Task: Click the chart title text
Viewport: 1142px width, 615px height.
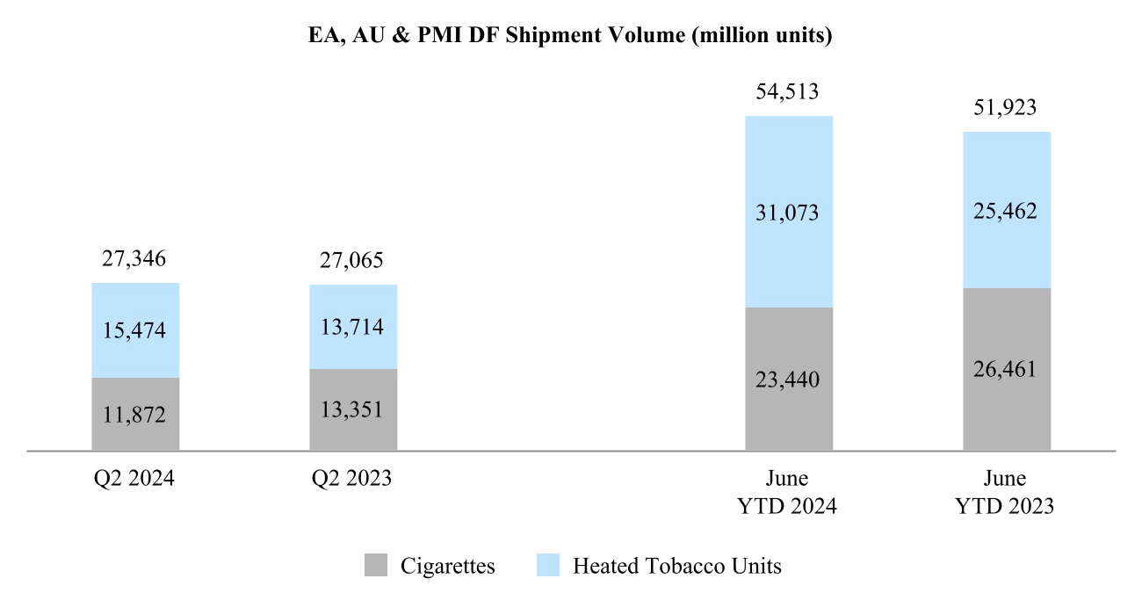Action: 570,36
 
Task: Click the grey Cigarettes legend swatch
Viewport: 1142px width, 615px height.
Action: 375,566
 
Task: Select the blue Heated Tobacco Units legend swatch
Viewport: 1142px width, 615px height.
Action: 547,566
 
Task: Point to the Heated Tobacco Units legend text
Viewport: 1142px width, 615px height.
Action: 677,566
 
